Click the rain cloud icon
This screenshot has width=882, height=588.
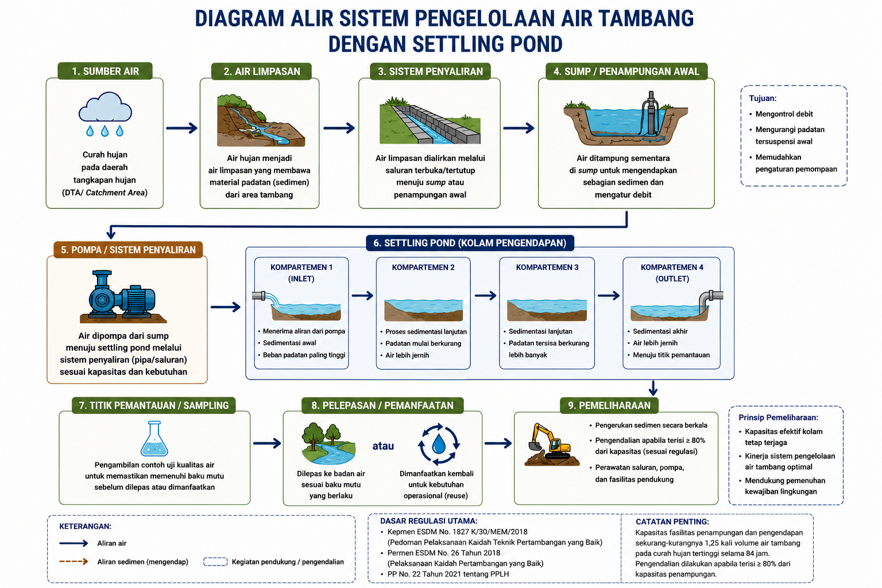click(105, 114)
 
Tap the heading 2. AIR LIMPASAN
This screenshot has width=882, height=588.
click(262, 71)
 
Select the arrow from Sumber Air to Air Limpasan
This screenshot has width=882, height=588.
click(181, 128)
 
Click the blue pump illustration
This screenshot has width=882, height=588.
click(123, 295)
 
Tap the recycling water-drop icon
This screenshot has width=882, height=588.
click(439, 444)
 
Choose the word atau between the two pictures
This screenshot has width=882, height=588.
click(383, 446)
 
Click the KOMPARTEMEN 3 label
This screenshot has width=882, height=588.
click(547, 268)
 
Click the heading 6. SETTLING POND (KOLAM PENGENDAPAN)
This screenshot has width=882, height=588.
click(470, 243)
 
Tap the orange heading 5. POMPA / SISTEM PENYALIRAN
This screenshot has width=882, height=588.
click(128, 250)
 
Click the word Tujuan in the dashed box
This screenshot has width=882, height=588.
click(763, 98)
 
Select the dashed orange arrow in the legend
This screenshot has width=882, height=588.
click(73, 562)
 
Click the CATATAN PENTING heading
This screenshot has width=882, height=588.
click(672, 522)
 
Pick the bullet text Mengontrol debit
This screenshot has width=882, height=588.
click(784, 114)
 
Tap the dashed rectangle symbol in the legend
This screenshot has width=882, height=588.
click(215, 562)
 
